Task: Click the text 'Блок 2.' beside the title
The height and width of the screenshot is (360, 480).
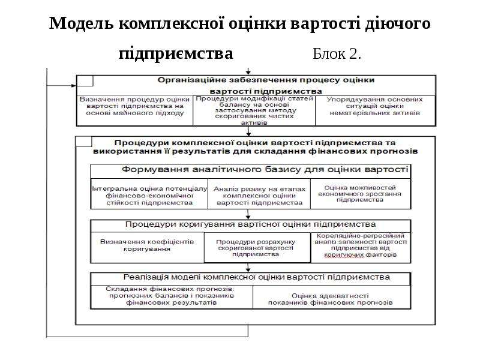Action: (337, 54)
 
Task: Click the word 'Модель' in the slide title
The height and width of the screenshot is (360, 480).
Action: (81, 23)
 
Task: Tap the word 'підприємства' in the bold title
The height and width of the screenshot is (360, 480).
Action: (176, 54)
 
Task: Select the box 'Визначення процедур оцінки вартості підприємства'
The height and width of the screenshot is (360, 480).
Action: (134, 110)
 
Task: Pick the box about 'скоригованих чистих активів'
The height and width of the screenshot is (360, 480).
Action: (254, 110)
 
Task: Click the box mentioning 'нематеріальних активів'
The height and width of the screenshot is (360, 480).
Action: (376, 110)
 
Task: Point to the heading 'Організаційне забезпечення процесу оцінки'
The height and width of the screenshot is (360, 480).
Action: (266, 80)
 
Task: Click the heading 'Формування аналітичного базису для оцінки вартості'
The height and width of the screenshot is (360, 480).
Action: (265, 170)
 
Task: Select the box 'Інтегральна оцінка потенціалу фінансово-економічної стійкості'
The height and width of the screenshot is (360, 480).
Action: (149, 194)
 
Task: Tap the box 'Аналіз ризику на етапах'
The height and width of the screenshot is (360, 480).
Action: (259, 194)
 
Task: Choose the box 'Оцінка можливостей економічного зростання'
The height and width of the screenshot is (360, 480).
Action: (361, 194)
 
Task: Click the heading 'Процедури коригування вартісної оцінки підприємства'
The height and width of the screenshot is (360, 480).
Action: (250, 224)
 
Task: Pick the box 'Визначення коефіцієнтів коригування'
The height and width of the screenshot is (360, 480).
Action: (147, 247)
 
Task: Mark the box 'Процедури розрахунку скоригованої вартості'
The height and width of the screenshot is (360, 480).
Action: (257, 247)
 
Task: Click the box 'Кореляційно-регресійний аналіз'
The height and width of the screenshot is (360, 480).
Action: (361, 247)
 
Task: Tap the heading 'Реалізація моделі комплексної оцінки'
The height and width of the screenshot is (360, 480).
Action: (257, 277)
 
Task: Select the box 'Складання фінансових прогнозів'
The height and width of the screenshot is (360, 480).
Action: (172, 297)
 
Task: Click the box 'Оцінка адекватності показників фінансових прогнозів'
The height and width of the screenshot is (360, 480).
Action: (332, 297)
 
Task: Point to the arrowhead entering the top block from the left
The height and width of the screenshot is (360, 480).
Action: (74, 86)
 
